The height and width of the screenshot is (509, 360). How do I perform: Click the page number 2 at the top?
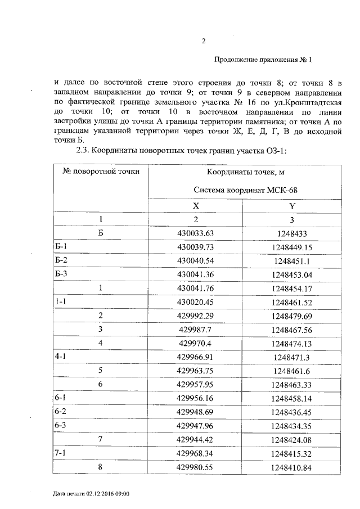click(x=204, y=41)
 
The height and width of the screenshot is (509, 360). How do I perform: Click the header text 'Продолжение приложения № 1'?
click(x=263, y=60)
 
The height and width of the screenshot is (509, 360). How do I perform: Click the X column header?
click(x=195, y=206)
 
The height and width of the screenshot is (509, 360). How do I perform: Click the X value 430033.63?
click(x=196, y=233)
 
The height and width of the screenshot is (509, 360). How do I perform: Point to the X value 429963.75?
click(x=196, y=370)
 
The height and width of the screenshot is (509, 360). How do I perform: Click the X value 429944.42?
click(x=196, y=439)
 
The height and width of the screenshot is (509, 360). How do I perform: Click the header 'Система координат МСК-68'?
click(x=245, y=190)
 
